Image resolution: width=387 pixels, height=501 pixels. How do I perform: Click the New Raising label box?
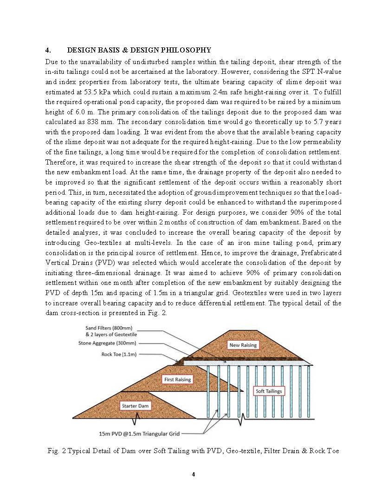coord(243,345)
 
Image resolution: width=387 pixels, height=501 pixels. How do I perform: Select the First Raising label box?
coord(178,379)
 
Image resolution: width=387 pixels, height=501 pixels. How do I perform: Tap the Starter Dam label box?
coord(135,406)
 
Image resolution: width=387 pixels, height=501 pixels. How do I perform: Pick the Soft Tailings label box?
coord(269,391)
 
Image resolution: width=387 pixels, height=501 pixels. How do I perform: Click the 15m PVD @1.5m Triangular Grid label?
coord(139,434)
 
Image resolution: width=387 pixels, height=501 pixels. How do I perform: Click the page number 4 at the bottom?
coord(193,475)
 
